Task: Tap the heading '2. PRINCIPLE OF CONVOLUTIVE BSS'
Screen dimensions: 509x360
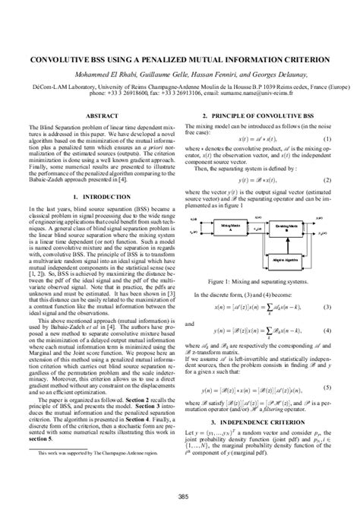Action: coord(262,115)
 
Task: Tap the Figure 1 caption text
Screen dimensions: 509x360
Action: coord(262,258)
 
